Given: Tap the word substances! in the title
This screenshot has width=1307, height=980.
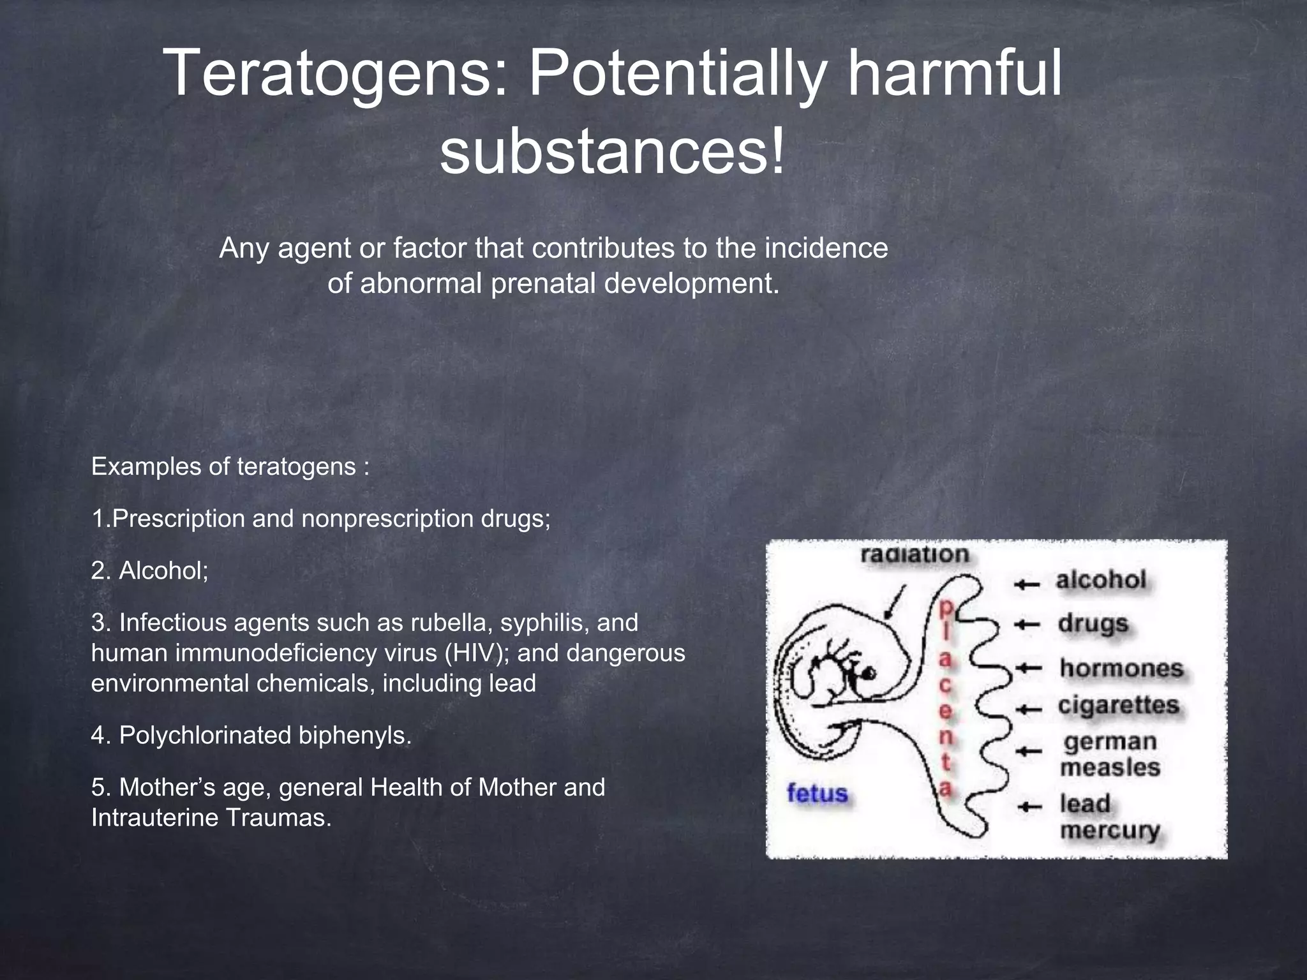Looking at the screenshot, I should point(612,151).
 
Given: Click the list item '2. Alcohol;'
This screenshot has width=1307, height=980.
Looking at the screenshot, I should point(150,570).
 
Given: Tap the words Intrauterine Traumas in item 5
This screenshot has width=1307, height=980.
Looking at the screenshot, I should point(211,817).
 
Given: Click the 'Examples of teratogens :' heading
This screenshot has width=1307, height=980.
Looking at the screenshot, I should point(230,467).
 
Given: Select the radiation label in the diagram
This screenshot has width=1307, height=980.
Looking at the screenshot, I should point(915,554).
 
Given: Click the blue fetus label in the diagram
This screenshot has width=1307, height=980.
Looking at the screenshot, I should point(818,794).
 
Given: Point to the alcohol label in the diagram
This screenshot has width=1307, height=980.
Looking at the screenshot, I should point(1102,580).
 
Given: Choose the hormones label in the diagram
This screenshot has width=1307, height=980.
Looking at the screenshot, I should point(1121,668).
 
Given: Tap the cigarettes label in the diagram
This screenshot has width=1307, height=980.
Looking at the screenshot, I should point(1118,706).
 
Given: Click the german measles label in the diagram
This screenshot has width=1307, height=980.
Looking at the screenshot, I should point(1110,754).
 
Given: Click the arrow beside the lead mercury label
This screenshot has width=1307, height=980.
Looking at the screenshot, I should point(1029,807).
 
